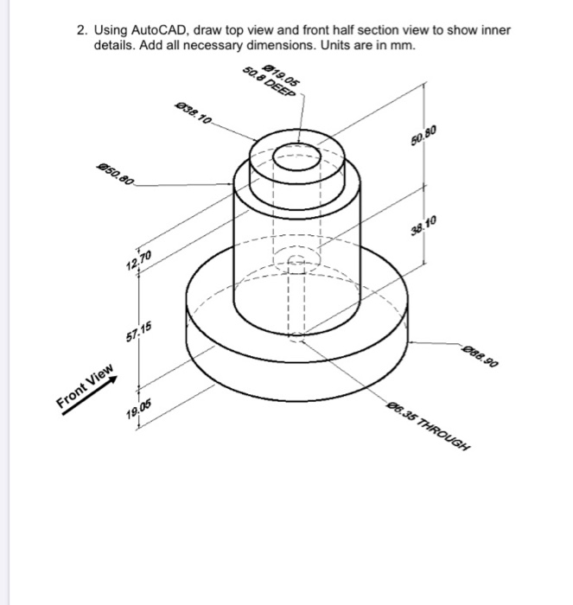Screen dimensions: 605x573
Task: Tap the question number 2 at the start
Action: pyautogui.click(x=80, y=30)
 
